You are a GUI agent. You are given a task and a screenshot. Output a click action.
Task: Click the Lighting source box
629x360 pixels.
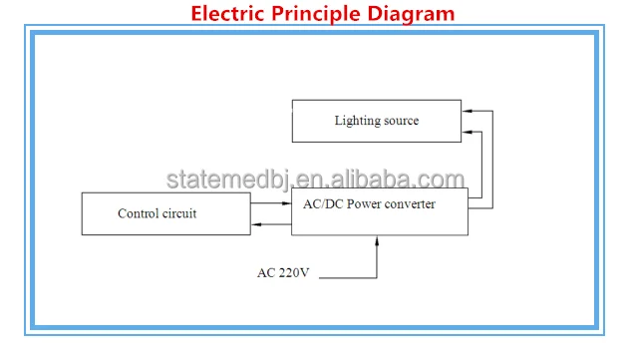[x=376, y=121]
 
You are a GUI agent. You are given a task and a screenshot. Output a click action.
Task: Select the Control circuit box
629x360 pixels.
[x=165, y=213]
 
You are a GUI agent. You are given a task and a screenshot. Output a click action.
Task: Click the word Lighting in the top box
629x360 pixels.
[x=356, y=121]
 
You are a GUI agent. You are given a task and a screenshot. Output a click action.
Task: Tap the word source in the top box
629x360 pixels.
[x=401, y=121]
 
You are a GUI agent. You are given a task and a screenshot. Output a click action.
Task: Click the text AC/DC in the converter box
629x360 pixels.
[x=322, y=203]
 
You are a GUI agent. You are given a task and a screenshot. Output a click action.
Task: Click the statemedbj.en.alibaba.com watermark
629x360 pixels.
[x=315, y=180]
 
